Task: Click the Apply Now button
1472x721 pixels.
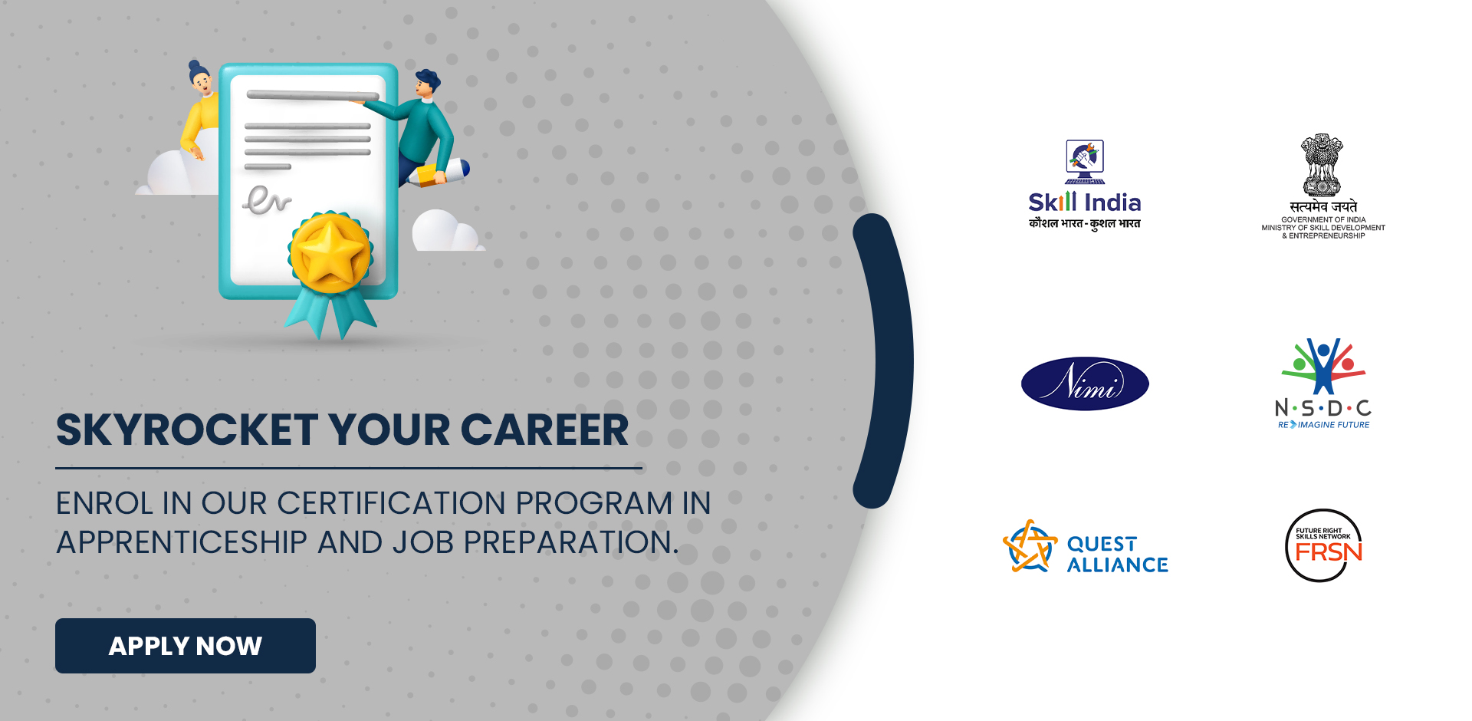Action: pyautogui.click(x=186, y=646)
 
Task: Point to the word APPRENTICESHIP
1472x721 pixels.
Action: pyautogui.click(x=182, y=542)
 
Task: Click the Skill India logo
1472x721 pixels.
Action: pyautogui.click(x=1085, y=185)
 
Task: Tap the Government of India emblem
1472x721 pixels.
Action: pyautogui.click(x=1322, y=166)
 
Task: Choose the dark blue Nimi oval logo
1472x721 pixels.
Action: pyautogui.click(x=1085, y=384)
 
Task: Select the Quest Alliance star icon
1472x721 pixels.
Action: pyautogui.click(x=1030, y=546)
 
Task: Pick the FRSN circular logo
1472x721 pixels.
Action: pyautogui.click(x=1324, y=545)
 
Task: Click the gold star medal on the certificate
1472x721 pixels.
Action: pyautogui.click(x=330, y=253)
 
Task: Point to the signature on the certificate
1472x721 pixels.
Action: pyautogui.click(x=267, y=199)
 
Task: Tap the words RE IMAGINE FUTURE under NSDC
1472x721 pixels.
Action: pyautogui.click(x=1323, y=424)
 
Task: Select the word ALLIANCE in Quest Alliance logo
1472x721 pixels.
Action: pyautogui.click(x=1118, y=565)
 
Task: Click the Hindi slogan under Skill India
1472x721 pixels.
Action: pyautogui.click(x=1085, y=223)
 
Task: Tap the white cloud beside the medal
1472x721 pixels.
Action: pyautogui.click(x=445, y=231)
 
